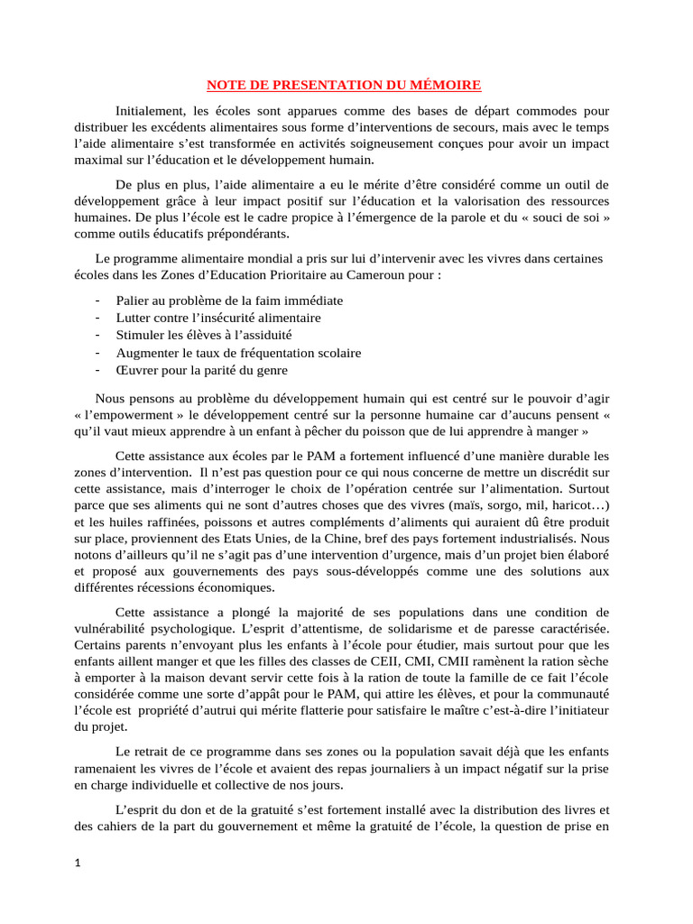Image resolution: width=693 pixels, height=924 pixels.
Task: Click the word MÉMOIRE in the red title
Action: click(446, 86)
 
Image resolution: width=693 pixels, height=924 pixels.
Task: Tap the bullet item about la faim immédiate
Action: click(229, 300)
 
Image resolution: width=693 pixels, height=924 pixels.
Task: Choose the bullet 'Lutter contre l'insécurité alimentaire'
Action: click(218, 318)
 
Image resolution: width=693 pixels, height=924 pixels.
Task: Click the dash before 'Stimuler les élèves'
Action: click(97, 335)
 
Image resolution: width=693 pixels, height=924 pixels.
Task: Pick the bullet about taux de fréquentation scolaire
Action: click(238, 352)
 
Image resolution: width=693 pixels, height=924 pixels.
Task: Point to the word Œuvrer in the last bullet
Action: click(137, 370)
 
